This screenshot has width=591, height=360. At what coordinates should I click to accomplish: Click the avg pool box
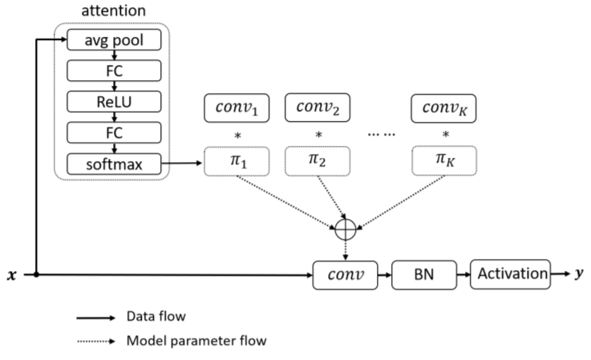(114, 39)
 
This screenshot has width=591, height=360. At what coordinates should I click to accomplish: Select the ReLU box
(114, 101)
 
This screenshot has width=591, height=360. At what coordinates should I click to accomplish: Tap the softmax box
(114, 164)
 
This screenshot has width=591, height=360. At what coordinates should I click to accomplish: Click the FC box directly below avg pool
(114, 71)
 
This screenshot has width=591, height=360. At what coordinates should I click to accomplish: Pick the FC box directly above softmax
(114, 132)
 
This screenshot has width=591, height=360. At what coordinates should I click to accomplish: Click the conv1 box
(237, 107)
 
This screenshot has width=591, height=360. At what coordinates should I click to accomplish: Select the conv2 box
(318, 107)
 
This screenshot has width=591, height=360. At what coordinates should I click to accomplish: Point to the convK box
(443, 108)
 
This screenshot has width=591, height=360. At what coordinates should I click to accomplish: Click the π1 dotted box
(237, 161)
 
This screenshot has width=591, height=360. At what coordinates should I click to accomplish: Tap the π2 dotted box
(318, 161)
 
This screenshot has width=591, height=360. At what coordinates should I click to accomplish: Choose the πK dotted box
(444, 161)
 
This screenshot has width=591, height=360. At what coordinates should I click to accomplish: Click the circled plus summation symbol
(346, 229)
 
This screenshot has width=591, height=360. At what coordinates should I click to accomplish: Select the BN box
(424, 275)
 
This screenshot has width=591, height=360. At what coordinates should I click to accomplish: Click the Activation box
(510, 274)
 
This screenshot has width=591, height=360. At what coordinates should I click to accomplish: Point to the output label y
(579, 273)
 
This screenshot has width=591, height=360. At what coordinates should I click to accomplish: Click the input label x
(12, 275)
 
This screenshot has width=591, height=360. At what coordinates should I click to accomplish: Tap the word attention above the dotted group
(113, 10)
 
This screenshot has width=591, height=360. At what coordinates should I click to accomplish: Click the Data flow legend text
(156, 316)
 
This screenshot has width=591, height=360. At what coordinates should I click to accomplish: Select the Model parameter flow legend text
(196, 341)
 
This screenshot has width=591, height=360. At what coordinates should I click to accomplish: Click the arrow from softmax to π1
(182, 164)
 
